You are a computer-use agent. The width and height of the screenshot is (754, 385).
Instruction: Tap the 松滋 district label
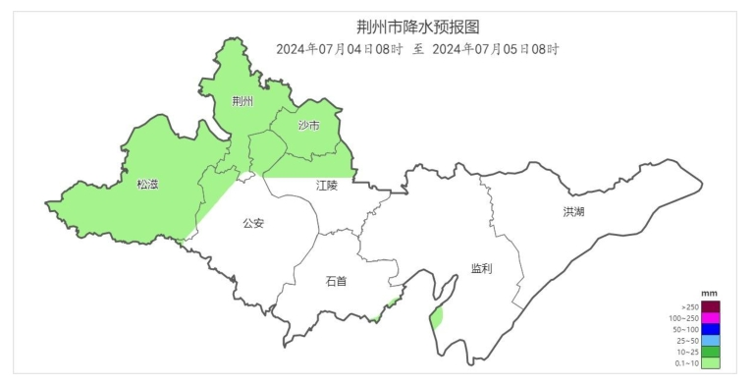(147, 184)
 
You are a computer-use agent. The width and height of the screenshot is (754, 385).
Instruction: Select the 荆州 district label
(242, 101)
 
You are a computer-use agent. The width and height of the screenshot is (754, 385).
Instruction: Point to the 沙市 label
(309, 125)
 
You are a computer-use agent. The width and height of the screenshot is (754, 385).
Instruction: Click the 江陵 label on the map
(327, 185)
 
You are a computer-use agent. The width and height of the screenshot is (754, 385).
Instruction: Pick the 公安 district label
(253, 223)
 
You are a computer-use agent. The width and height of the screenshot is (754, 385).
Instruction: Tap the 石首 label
(336, 281)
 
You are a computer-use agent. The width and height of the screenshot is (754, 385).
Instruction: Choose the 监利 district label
(481, 267)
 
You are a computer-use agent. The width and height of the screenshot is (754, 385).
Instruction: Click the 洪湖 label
(573, 211)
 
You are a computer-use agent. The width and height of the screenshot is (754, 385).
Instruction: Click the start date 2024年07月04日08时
(340, 49)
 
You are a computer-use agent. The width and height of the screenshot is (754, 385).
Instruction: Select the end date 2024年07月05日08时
(496, 49)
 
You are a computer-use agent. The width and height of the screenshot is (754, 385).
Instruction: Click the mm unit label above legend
(711, 294)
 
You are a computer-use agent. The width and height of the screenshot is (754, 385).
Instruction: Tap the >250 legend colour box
(711, 307)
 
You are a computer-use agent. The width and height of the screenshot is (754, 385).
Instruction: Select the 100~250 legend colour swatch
(711, 318)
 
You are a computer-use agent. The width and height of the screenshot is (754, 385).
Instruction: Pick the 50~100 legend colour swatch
(711, 330)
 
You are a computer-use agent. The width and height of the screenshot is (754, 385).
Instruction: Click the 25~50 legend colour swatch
(711, 341)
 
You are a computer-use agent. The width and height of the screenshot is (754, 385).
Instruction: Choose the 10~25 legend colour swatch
(711, 352)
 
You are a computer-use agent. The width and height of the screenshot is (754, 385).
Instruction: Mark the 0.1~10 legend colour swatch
(711, 363)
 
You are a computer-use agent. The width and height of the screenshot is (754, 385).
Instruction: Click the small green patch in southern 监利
(437, 316)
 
